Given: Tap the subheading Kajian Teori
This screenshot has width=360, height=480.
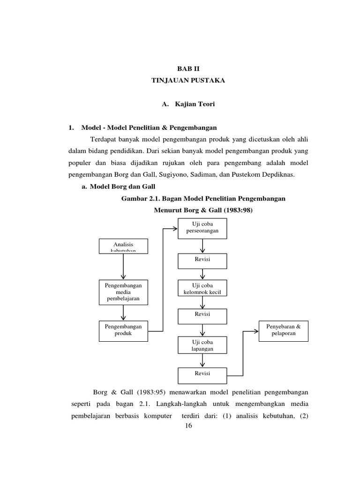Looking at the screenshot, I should point(195,104).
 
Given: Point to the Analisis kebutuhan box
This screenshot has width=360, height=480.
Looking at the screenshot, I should point(123,246).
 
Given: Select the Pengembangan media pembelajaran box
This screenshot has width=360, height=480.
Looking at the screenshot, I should point(123,292).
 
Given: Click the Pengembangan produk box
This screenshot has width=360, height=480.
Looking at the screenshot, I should point(123,330).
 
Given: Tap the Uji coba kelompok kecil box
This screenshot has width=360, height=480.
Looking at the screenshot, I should point(202,288).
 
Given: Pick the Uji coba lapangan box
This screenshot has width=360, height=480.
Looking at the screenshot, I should point(202,345).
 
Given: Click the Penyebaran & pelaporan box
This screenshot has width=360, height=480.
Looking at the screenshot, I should point(284,330).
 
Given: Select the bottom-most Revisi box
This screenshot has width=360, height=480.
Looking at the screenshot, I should point(202,375).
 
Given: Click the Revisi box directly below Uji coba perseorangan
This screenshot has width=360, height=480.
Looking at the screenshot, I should point(202,261).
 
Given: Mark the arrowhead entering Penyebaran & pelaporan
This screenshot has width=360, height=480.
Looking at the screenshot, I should point(256,331).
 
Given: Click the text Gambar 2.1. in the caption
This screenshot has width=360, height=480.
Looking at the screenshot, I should point(140,199).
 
